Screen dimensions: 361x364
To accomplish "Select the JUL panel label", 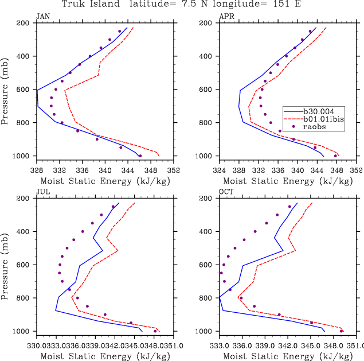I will (x=42, y=193).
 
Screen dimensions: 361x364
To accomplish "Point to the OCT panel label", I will (x=226, y=193).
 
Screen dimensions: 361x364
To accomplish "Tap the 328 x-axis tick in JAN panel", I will (x=36, y=170).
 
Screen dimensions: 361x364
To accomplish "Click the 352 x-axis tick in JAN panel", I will (x=173, y=170).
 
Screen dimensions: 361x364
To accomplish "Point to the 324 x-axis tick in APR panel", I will (x=220, y=170).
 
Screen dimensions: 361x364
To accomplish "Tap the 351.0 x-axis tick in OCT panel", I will (x=355, y=346).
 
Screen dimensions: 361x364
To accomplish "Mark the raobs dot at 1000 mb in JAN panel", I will (x=140, y=156).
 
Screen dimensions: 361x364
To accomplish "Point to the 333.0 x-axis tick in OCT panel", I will (x=220, y=346).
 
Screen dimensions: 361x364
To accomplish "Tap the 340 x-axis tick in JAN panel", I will (x=104, y=170).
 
